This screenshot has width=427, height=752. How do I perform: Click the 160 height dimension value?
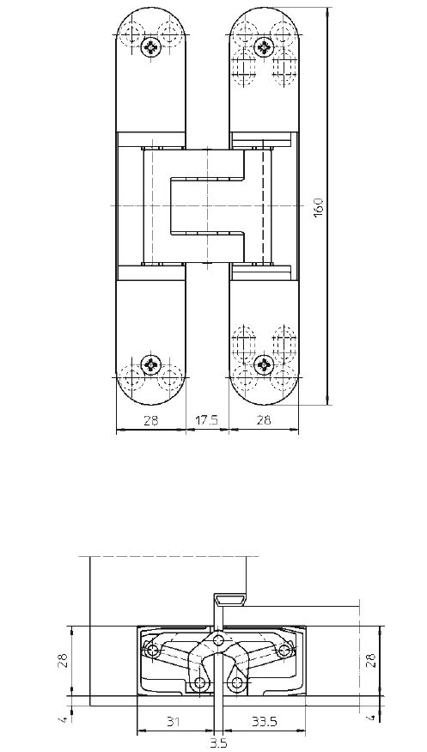(319, 207)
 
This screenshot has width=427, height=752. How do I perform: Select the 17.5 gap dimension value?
(207, 421)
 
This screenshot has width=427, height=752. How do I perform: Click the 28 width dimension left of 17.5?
(150, 421)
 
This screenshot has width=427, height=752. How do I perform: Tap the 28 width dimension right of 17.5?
(263, 421)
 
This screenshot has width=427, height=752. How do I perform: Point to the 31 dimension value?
(174, 723)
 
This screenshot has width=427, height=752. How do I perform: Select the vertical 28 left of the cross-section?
(64, 661)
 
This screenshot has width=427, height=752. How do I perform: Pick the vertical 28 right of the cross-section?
(371, 661)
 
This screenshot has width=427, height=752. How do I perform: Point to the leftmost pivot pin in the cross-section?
(153, 652)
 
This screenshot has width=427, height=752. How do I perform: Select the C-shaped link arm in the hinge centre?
(206, 206)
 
